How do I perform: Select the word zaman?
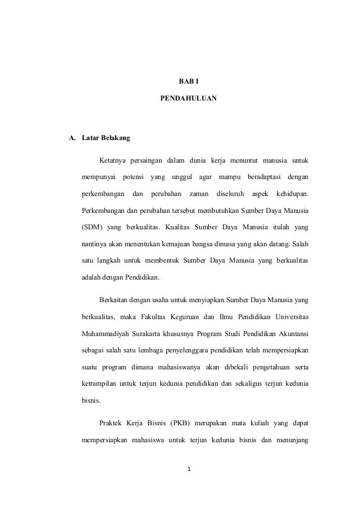click(199, 194)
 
